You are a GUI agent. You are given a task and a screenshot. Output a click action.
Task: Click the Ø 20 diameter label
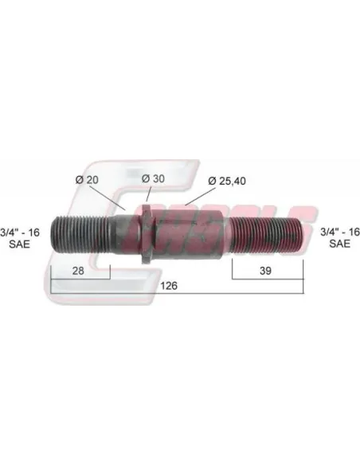[87, 180]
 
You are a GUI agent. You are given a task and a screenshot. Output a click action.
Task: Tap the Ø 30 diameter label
[153, 178]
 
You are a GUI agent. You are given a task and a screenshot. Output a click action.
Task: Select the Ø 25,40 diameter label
[227, 181]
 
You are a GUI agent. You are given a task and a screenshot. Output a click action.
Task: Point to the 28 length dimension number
[78, 271]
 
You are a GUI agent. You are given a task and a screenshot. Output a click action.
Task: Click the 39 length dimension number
[265, 271]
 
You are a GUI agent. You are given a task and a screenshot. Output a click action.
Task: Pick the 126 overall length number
[169, 286]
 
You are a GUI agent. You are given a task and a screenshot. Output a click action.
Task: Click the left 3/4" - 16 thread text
[20, 232]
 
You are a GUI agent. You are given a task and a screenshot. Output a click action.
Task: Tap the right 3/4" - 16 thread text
[340, 232]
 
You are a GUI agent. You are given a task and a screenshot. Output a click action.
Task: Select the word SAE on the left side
[20, 244]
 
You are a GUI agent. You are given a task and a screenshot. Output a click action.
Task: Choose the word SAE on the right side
[340, 244]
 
